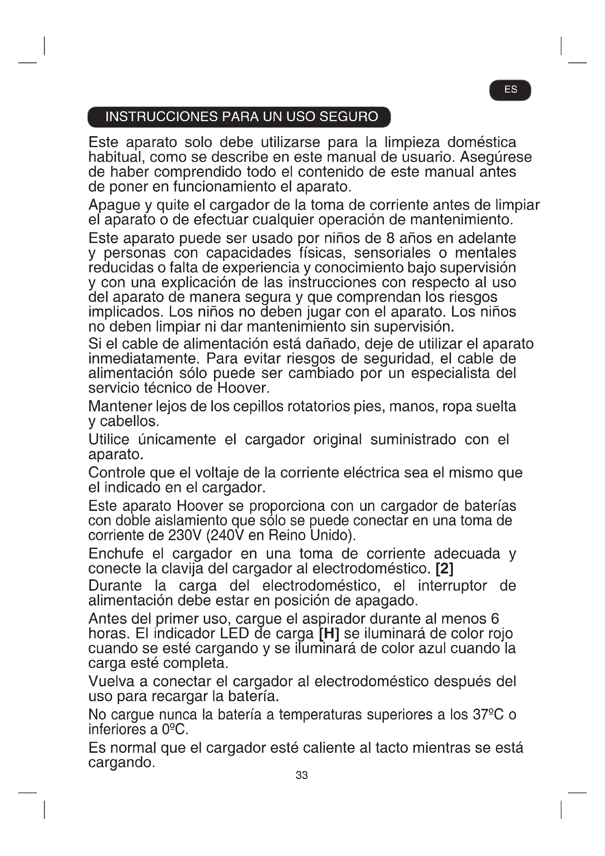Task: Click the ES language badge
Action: click(x=510, y=90)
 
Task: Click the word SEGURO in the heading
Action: click(x=349, y=117)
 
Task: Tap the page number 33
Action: click(x=302, y=775)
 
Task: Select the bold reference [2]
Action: click(x=444, y=569)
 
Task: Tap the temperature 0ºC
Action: click(x=174, y=729)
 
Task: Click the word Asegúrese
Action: click(x=496, y=157)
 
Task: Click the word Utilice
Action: click(x=109, y=440)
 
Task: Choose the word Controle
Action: click(x=117, y=473)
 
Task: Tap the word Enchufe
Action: click(x=116, y=554)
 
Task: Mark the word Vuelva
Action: click(x=110, y=681)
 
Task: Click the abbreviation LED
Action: click(x=234, y=633)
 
